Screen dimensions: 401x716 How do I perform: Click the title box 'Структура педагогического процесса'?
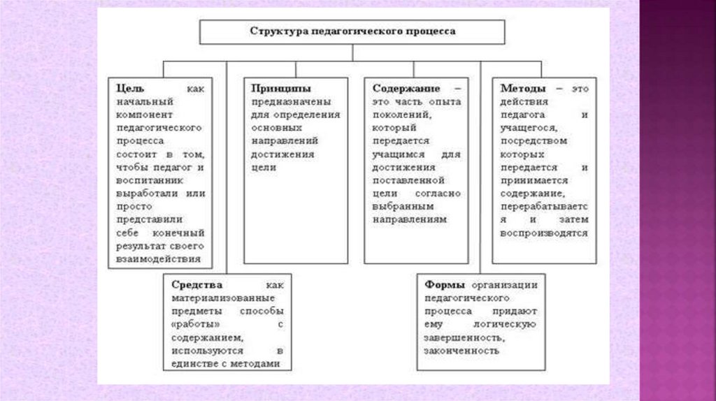352,32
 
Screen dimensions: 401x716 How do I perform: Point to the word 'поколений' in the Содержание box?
394,115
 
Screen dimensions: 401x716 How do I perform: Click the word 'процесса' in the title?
434,32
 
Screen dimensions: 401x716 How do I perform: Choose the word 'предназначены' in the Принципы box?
285,102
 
